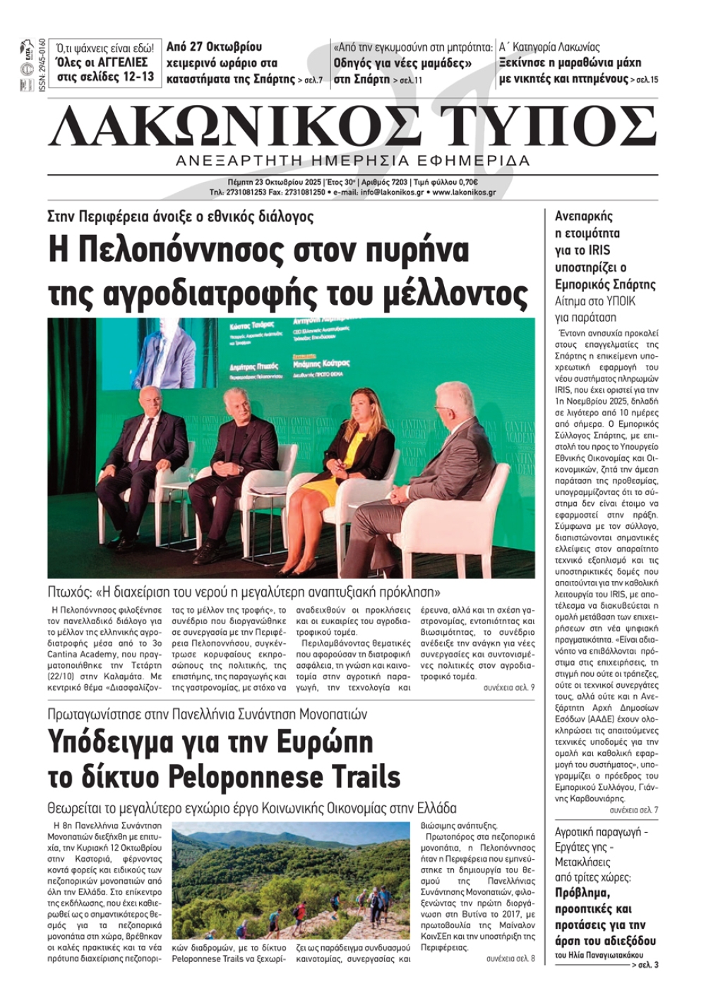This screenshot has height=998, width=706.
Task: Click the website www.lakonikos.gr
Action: pyautogui.click(x=464, y=192)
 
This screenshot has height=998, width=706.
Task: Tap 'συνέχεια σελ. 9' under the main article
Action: pyautogui.click(x=508, y=687)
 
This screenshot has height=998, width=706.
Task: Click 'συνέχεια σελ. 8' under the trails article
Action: pyautogui.click(x=510, y=959)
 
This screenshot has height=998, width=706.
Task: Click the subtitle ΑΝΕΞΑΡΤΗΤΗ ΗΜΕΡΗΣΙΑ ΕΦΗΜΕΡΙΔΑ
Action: pyautogui.click(x=353, y=161)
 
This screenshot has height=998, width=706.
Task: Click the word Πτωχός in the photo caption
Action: pyautogui.click(x=68, y=591)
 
